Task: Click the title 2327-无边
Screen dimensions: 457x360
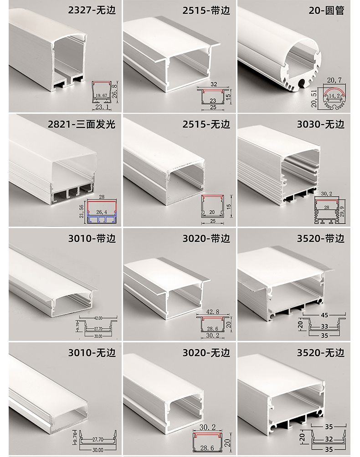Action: tap(92, 10)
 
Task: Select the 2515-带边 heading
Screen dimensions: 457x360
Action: tap(206, 10)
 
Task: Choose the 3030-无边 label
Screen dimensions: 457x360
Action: tap(320, 124)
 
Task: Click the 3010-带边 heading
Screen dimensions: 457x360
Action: tap(92, 239)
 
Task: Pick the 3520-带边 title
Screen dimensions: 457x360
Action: tap(320, 239)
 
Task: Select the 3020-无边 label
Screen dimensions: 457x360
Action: tap(206, 353)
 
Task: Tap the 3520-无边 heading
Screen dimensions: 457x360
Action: tap(320, 353)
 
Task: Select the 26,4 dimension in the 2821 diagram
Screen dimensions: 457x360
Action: tap(101, 212)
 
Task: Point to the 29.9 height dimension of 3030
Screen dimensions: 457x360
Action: tap(349, 211)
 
